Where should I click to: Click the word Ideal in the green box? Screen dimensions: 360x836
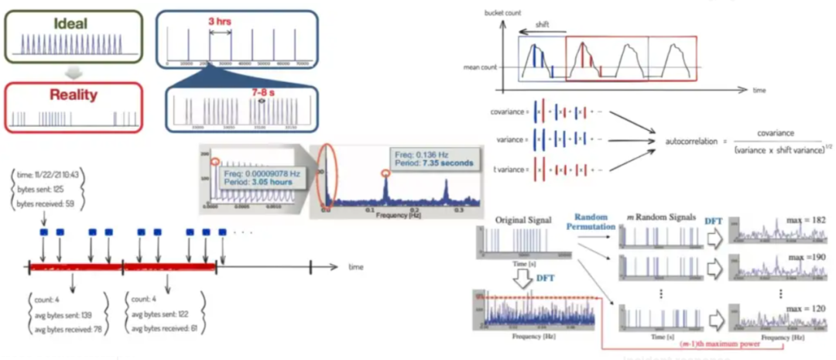point(70,23)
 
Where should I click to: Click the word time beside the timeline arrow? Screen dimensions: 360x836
point(355,267)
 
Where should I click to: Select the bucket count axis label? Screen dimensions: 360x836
point(503,14)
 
